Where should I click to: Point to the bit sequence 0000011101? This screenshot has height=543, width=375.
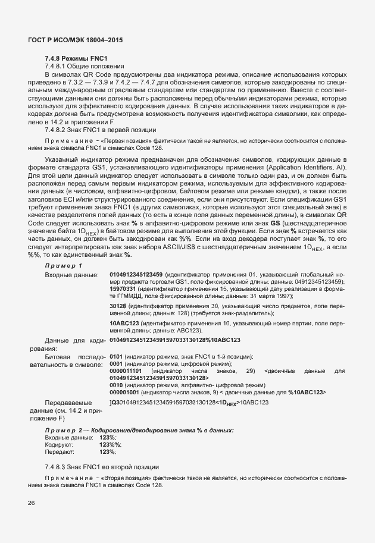(126, 371)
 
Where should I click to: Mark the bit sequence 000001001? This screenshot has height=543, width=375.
(124, 393)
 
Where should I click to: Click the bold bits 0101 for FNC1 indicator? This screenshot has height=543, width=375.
(116, 356)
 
